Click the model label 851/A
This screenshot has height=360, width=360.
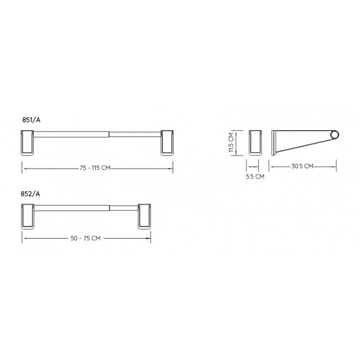31,120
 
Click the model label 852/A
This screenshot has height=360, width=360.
30,194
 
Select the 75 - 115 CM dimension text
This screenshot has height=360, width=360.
95,168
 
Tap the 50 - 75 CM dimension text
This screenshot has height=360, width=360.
85,238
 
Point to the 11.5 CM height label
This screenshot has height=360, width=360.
231,142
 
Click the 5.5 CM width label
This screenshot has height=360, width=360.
255,177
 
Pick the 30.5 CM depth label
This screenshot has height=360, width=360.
302,166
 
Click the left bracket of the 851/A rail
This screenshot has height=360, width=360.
27,143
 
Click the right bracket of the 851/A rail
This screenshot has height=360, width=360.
167,143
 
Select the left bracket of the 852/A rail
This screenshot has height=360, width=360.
28,216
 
